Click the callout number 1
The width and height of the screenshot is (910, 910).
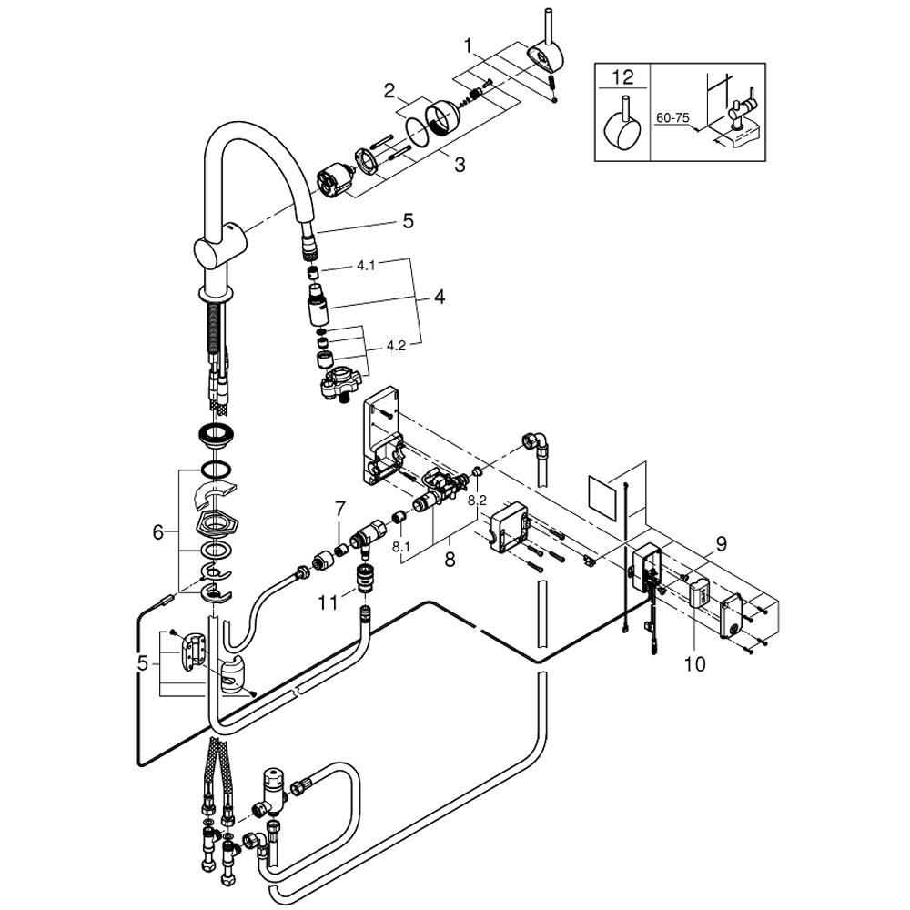coord(468,45)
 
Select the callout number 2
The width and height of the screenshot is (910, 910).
coord(389,90)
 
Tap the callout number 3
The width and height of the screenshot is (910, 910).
coord(460,165)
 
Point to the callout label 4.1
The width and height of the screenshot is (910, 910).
coord(365,267)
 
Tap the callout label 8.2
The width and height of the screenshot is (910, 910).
coord(477,500)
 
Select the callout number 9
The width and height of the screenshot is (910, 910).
coord(721,545)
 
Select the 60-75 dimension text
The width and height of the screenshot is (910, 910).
coord(672,118)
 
